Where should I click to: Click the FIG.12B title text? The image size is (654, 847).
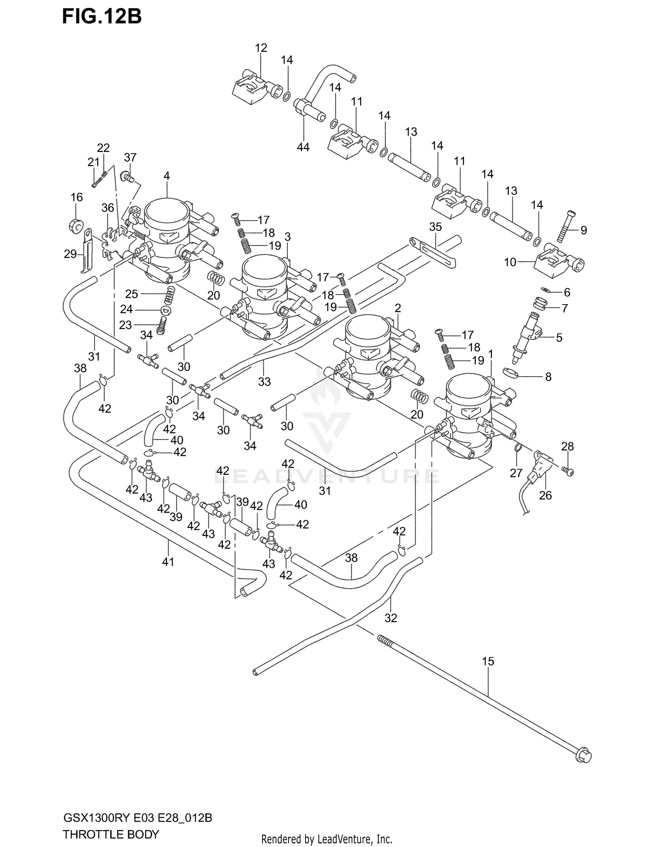[102, 17]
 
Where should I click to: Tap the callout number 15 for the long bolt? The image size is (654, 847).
[488, 662]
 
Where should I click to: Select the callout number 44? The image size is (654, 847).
[303, 147]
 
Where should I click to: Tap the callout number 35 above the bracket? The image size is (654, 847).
[435, 226]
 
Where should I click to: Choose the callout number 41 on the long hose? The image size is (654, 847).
[168, 562]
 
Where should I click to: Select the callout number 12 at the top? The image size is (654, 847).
[261, 48]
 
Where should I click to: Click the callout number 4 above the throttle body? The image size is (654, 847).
[167, 176]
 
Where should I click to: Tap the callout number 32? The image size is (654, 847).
[391, 618]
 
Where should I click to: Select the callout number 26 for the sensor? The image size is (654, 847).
[545, 495]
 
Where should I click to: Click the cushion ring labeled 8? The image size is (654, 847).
[512, 374]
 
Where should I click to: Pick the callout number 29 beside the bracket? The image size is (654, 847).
[70, 254]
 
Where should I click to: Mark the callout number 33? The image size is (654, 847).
[264, 381]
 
